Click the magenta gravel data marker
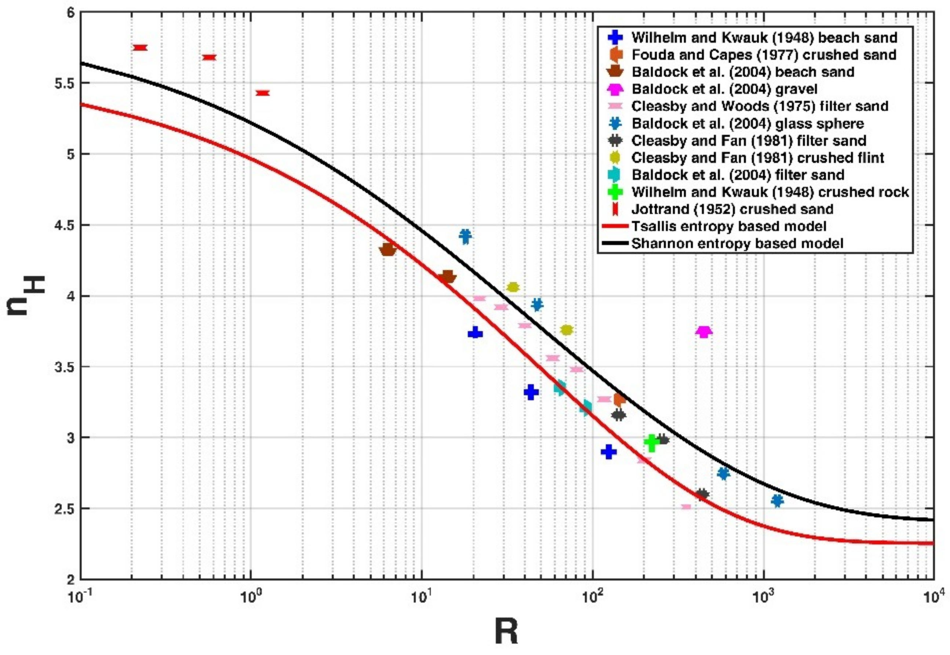pyautogui.click(x=704, y=332)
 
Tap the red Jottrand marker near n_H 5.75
pyautogui.click(x=140, y=48)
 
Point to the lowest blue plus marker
pyautogui.click(x=609, y=452)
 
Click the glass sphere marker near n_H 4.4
pyautogui.click(x=465, y=236)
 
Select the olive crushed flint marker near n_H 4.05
pyautogui.click(x=513, y=287)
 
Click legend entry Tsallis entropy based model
pyautogui.click(x=728, y=226)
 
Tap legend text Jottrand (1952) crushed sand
pyautogui.click(x=732, y=209)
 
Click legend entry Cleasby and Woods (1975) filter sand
pyautogui.click(x=759, y=106)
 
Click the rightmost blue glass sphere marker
pyautogui.click(x=777, y=501)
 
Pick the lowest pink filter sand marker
pyautogui.click(x=686, y=507)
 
